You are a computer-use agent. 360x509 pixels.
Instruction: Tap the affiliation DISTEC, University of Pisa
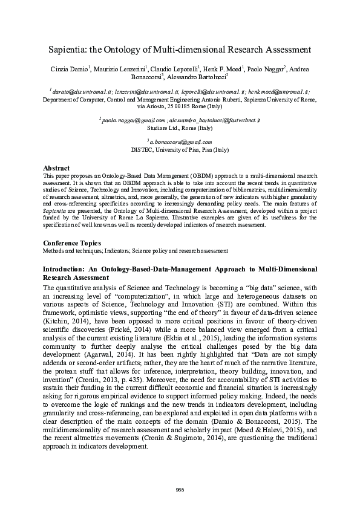(x=180, y=148)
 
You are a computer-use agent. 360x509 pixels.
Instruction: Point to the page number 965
(x=180, y=488)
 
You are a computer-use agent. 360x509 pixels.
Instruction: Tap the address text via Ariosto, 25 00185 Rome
(x=180, y=105)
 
